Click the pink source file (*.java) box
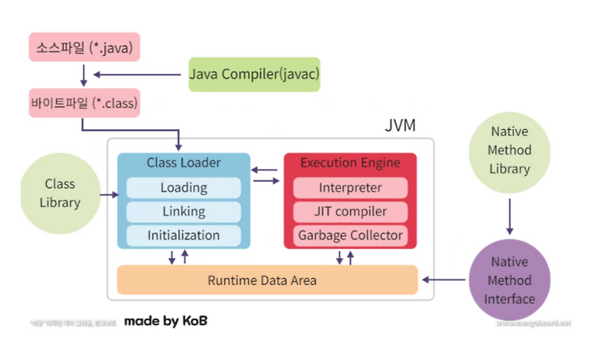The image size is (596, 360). tap(83, 47)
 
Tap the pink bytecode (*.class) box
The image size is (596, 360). tap(83, 102)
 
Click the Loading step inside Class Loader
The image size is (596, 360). tap(183, 188)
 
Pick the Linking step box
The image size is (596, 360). tap(183, 212)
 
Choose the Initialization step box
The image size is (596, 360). tap(183, 236)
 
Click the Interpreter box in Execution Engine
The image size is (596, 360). tap(350, 188)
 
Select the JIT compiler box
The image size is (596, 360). tap(350, 212)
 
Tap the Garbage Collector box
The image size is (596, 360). tap(350, 236)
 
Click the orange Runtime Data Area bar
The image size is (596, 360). tap(267, 280)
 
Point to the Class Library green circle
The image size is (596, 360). tap(60, 192)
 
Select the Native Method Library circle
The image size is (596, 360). tap(510, 150)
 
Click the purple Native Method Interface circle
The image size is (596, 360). tap(510, 280)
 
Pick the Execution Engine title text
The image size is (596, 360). tap(350, 162)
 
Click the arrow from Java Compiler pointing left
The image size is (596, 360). tap(138, 75)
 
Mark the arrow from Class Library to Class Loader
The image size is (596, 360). tap(109, 195)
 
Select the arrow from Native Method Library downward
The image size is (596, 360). tap(510, 215)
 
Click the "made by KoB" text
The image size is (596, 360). tap(165, 321)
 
